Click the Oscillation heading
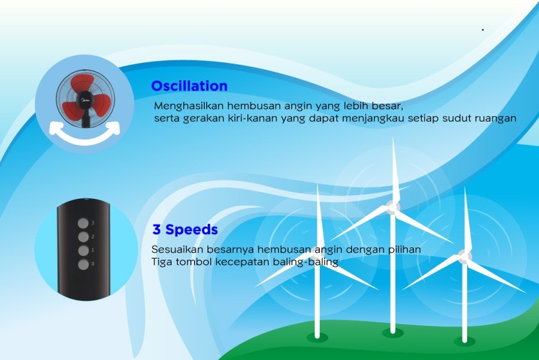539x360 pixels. pos(189,86)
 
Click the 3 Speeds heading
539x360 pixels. pos(185,229)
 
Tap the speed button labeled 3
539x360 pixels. pos(83,223)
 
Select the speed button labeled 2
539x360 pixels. pos(83,237)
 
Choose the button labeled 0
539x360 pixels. pos(83,264)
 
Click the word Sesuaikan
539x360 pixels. pos(175,249)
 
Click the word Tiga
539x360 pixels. pos(162,262)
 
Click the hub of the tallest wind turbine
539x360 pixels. pos(392,207)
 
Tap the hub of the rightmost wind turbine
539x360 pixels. pos(465,256)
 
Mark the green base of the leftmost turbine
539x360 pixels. pos(317,337)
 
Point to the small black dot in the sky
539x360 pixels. pos(483,30)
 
